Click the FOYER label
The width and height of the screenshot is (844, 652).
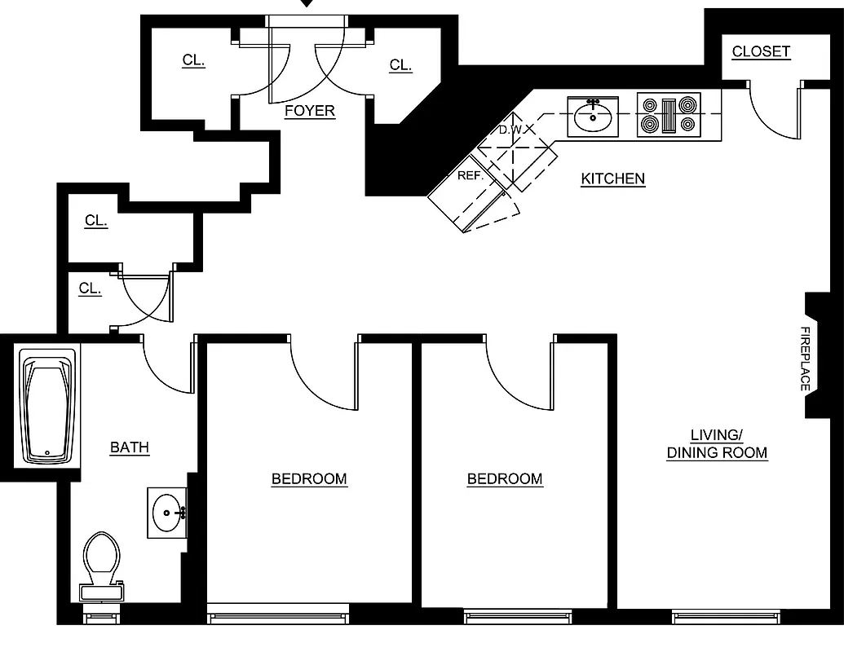[x=309, y=111]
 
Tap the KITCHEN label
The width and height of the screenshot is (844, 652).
[x=612, y=178]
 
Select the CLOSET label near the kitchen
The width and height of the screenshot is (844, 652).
[x=760, y=51]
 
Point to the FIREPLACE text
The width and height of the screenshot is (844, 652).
[x=804, y=359]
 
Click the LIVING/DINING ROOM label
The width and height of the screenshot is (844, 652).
[x=717, y=443]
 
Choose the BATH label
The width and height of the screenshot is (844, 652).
[x=130, y=447]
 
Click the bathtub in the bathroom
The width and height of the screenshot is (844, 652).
[x=47, y=407]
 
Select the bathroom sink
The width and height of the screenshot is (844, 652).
[x=168, y=513]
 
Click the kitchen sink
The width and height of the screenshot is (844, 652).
[x=593, y=115]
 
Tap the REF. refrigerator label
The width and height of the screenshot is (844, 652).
[x=471, y=175]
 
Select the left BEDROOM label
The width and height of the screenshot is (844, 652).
[x=309, y=478]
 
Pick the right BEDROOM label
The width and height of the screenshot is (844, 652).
[x=504, y=478]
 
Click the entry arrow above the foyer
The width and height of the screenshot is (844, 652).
[x=307, y=4]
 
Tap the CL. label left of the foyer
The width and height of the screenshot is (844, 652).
[x=193, y=60]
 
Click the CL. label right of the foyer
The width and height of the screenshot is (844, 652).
[x=400, y=65]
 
